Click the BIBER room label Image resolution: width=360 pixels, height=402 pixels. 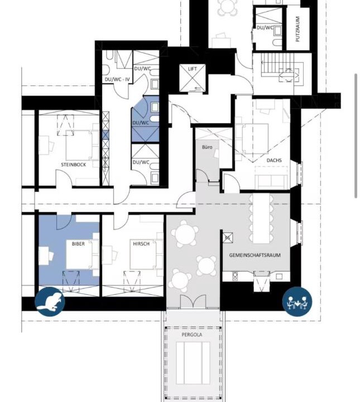click(x=78, y=244)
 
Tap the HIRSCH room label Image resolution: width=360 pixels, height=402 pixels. click(x=141, y=244)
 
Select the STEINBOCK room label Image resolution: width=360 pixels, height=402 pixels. click(x=73, y=165)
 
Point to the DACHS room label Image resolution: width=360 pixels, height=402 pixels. click(x=274, y=160)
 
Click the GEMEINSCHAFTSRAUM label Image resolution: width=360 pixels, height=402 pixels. click(x=255, y=255)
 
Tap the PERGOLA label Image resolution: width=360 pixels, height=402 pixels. click(x=192, y=334)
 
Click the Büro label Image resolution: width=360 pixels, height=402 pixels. click(x=207, y=147)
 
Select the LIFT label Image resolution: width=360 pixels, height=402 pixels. click(x=193, y=69)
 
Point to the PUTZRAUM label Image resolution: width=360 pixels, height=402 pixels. click(x=297, y=29)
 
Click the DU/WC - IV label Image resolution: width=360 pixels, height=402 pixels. click(x=117, y=79)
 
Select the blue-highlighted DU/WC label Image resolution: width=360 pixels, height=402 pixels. click(x=141, y=123)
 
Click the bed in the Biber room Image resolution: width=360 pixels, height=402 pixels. click(x=79, y=254)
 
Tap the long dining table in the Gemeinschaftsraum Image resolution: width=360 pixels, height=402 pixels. click(x=261, y=218)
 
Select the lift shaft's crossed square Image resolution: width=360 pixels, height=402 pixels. click(x=192, y=78)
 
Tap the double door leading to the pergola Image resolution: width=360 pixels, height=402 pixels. click(x=193, y=301)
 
